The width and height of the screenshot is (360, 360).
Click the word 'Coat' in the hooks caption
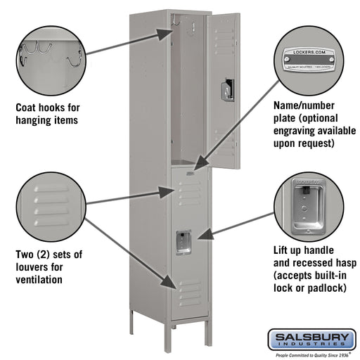(28, 108)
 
